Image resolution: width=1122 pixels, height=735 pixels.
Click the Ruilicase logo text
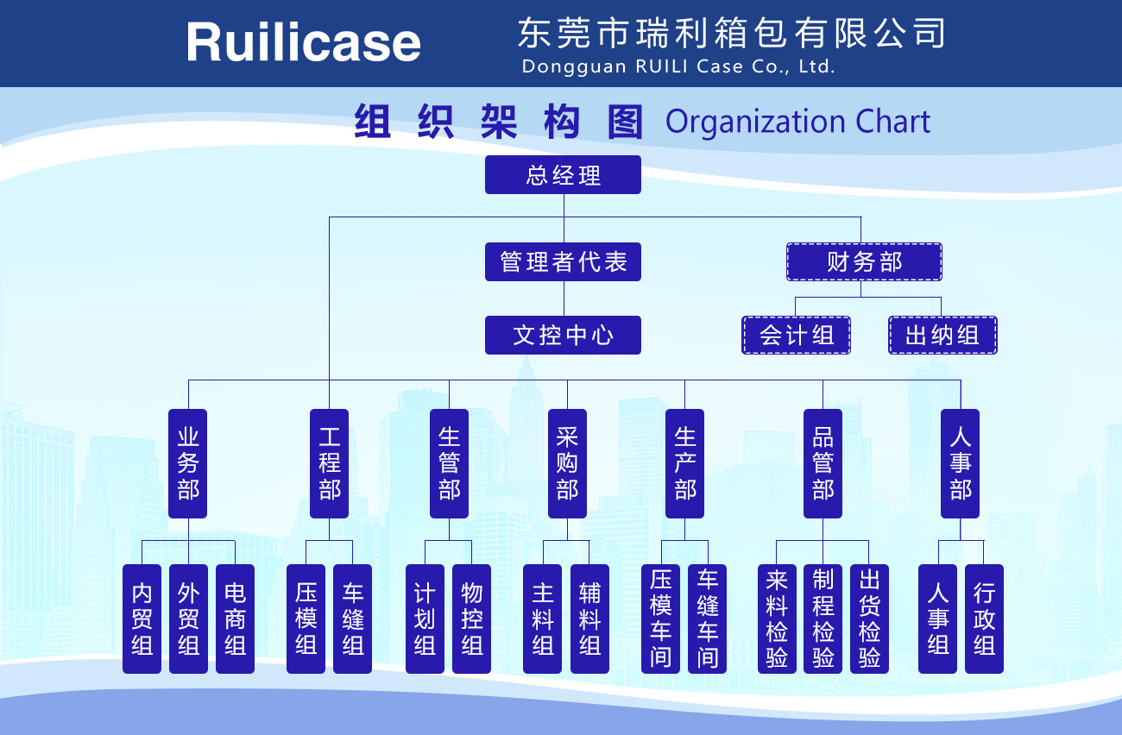[x=303, y=42]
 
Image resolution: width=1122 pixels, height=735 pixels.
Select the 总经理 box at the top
[x=563, y=175]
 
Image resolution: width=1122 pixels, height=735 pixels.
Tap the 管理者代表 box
[x=563, y=261]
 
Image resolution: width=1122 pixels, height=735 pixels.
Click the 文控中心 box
[x=563, y=335]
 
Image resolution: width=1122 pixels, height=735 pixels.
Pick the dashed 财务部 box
[x=864, y=261]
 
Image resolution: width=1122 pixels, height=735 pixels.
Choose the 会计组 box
[x=797, y=335]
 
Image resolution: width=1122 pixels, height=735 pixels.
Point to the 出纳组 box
[x=942, y=335]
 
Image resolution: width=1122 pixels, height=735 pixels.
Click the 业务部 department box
[x=188, y=463]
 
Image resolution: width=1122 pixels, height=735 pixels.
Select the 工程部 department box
[x=330, y=463]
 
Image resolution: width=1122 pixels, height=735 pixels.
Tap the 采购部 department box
[x=567, y=463]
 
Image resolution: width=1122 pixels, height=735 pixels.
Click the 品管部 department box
[x=823, y=463]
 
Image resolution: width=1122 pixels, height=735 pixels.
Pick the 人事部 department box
[x=961, y=463]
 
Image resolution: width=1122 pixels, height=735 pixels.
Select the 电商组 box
[x=235, y=619]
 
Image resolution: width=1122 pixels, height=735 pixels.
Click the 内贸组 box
[x=142, y=619]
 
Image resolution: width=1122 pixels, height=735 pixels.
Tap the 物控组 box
[x=471, y=619]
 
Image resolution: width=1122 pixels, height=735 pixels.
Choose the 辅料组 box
[x=589, y=619]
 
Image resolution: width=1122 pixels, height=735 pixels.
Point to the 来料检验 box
[x=777, y=619]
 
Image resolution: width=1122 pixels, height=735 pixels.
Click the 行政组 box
[x=984, y=619]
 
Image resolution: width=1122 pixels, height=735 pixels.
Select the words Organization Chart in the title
[x=797, y=122]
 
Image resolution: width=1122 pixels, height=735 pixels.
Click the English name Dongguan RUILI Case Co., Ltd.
[x=678, y=66]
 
